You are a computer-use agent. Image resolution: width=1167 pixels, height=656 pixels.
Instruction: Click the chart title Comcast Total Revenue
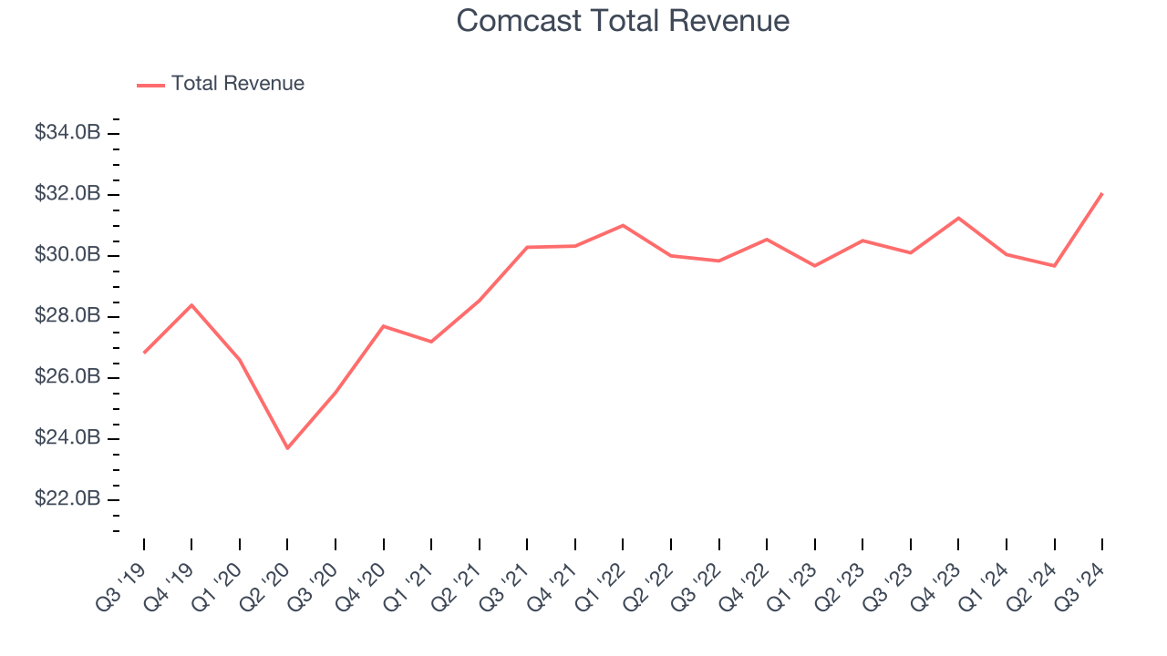[623, 21]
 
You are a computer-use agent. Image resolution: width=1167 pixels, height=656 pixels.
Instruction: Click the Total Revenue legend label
[237, 84]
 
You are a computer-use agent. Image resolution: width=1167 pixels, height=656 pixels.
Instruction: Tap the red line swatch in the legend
[150, 85]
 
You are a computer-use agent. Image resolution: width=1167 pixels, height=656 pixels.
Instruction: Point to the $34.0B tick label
[67, 133]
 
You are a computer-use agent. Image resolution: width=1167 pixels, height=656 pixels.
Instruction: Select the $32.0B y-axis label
[67, 194]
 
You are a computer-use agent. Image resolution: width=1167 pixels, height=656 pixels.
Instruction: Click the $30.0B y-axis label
[67, 255]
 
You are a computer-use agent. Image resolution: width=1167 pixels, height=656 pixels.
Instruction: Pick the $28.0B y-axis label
[67, 316]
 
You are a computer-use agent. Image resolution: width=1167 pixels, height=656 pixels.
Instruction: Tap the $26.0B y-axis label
[67, 377]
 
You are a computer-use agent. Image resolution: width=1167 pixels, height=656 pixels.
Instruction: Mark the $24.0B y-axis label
[67, 438]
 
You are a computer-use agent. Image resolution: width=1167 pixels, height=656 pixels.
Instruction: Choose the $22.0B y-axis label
[67, 499]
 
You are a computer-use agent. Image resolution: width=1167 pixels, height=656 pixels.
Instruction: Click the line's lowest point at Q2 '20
[287, 448]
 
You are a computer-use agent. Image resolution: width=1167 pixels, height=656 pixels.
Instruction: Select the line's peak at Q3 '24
[1101, 193]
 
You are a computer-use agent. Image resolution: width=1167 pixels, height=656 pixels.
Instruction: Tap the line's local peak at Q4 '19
[191, 304]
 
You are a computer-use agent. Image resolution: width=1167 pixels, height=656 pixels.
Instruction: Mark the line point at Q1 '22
[623, 225]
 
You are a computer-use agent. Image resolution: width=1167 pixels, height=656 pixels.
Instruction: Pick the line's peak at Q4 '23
[958, 218]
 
